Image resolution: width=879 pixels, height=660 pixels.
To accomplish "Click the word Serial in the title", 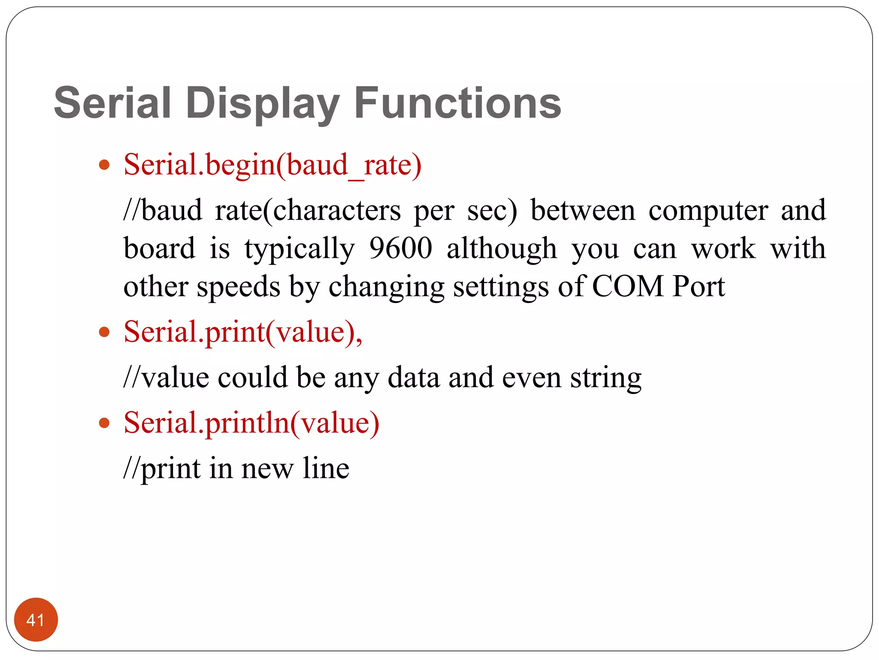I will [112, 103].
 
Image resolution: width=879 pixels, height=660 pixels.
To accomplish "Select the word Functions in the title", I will [458, 103].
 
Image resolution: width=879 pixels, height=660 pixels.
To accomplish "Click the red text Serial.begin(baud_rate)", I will [273, 165].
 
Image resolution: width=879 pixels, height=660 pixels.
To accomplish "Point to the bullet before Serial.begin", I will [104, 165].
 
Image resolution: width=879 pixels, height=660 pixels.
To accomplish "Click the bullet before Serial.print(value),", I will [104, 332].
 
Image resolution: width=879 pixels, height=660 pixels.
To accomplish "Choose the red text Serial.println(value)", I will [252, 423].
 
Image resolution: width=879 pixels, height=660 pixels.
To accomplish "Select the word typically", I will [300, 249].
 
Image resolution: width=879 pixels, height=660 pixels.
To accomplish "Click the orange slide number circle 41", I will [36, 620].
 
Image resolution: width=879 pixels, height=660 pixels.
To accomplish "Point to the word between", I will [582, 211].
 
